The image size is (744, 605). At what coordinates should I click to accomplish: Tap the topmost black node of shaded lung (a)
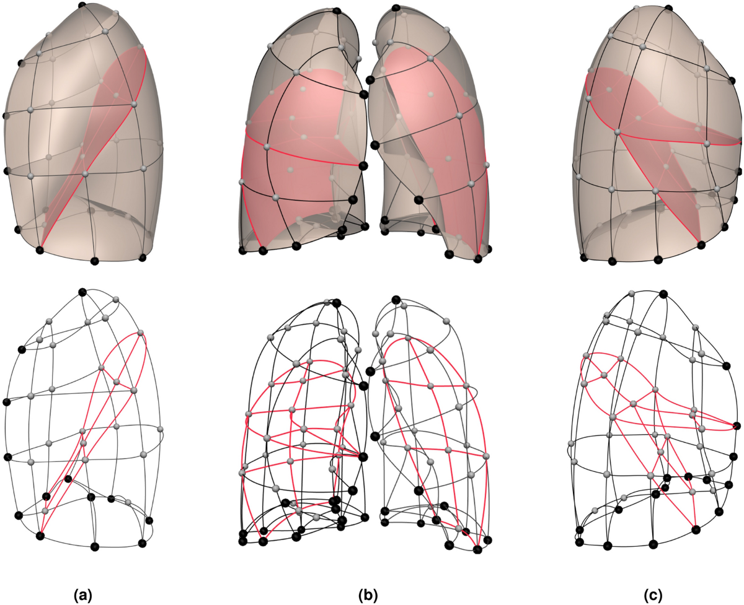pyautogui.click(x=82, y=6)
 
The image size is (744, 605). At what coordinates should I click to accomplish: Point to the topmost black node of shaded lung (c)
pyautogui.click(x=668, y=7)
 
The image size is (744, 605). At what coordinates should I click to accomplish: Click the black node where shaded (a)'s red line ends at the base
pyautogui.click(x=40, y=250)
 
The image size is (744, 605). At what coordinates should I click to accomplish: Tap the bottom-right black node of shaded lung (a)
pyautogui.click(x=143, y=257)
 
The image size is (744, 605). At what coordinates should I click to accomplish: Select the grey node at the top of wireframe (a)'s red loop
pyautogui.click(x=141, y=333)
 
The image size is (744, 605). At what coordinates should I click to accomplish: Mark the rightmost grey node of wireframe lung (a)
pyautogui.click(x=160, y=429)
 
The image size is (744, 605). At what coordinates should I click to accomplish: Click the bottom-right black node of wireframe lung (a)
pyautogui.click(x=143, y=543)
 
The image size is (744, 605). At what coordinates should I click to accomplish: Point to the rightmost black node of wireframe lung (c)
pyautogui.click(x=737, y=425)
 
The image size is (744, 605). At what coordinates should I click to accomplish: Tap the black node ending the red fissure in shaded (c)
pyautogui.click(x=701, y=245)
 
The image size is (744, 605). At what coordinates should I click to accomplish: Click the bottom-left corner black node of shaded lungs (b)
pyautogui.click(x=243, y=250)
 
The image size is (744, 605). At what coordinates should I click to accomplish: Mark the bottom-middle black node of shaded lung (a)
pyautogui.click(x=95, y=261)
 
